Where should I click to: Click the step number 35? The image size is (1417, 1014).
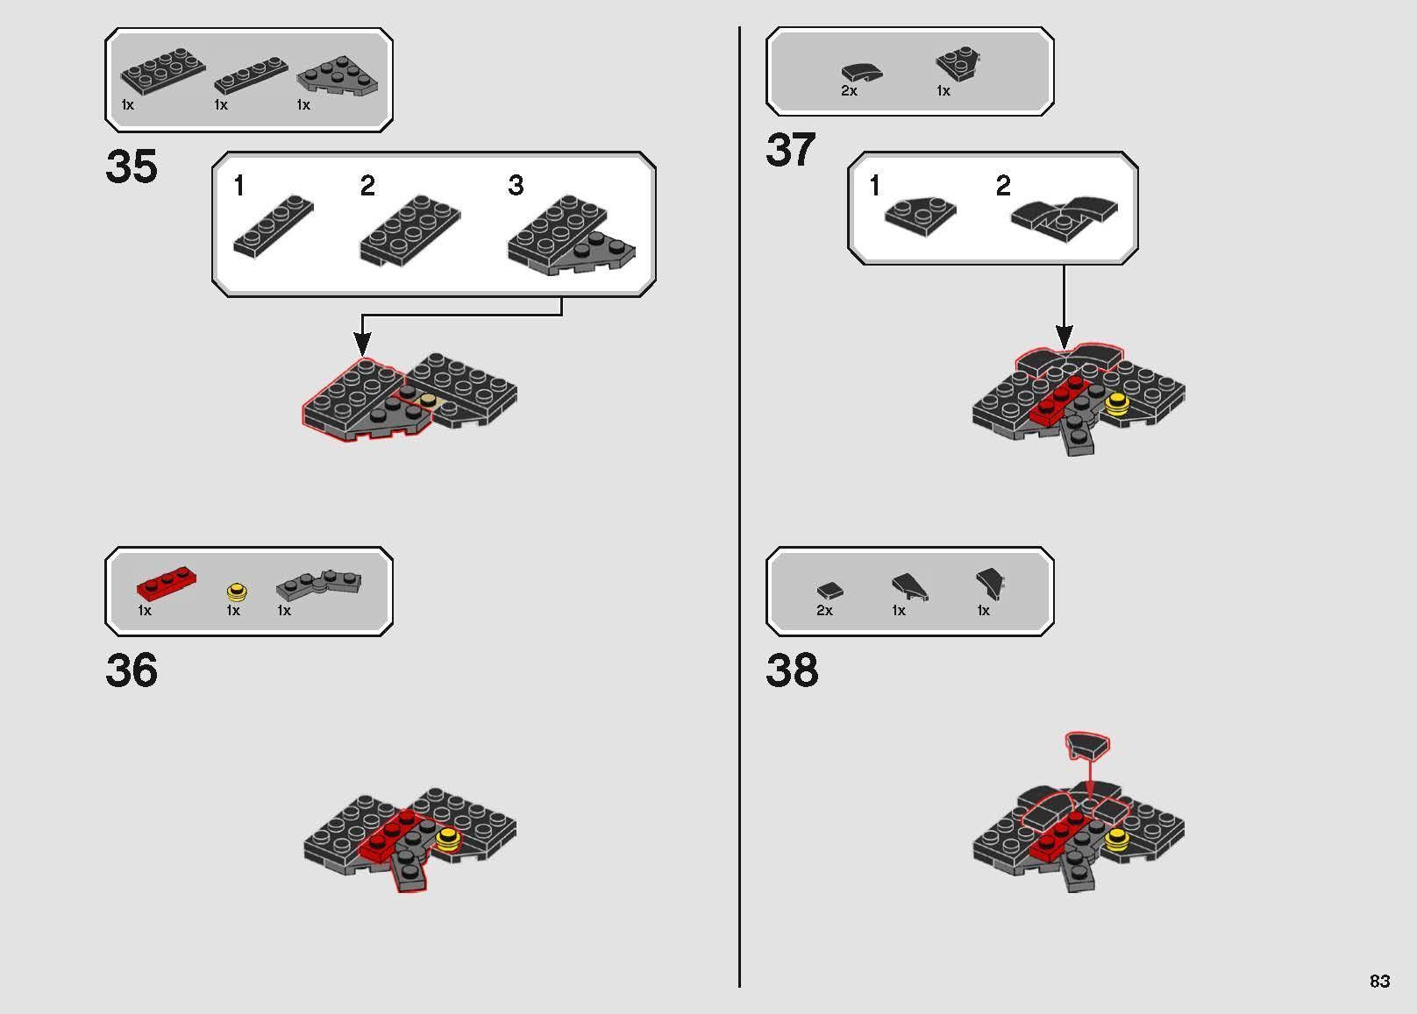pyautogui.click(x=132, y=167)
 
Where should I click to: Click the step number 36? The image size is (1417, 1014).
pyautogui.click(x=132, y=670)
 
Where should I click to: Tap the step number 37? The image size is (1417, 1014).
pyautogui.click(x=791, y=150)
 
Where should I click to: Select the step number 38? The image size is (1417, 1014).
pyautogui.click(x=792, y=670)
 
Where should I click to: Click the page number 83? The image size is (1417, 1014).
pyautogui.click(x=1379, y=981)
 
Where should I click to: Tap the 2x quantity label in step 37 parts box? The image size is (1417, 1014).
pyautogui.click(x=849, y=91)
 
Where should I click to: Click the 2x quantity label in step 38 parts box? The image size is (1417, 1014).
pyautogui.click(x=824, y=611)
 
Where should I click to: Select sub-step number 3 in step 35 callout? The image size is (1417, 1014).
pyautogui.click(x=516, y=186)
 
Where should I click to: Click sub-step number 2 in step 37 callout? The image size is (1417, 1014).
pyautogui.click(x=1003, y=186)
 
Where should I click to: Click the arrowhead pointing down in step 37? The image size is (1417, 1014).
pyautogui.click(x=1064, y=336)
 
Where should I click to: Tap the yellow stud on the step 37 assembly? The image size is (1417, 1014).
pyautogui.click(x=1117, y=403)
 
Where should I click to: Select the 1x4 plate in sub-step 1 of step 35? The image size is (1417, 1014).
pyautogui.click(x=273, y=227)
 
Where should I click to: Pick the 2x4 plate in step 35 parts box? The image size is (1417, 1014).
pyautogui.click(x=163, y=71)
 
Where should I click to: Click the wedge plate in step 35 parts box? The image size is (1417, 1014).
pyautogui.click(x=338, y=76)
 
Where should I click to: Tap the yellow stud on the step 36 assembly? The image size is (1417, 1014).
pyautogui.click(x=448, y=837)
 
